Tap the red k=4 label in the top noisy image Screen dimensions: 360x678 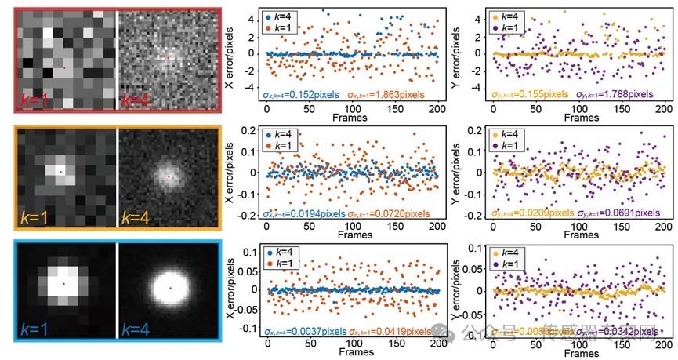point(138,99)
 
